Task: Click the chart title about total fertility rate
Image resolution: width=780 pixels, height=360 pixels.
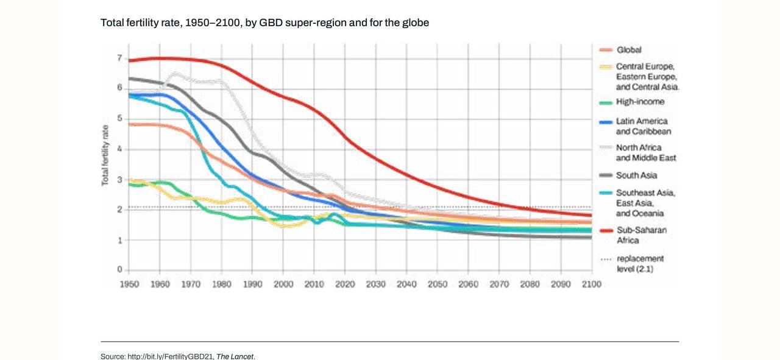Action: (264, 23)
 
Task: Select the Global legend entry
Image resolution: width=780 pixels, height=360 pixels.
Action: (628, 50)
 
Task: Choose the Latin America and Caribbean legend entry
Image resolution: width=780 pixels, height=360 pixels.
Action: (641, 126)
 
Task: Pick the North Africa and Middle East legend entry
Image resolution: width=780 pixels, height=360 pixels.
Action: (645, 153)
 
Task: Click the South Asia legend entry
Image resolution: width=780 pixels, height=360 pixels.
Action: (636, 175)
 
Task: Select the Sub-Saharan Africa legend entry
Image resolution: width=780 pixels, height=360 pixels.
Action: (640, 235)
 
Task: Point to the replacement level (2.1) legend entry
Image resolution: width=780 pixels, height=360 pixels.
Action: (639, 264)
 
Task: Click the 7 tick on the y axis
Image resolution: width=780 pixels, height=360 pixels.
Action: (120, 58)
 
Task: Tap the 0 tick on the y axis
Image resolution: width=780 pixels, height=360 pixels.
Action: (120, 270)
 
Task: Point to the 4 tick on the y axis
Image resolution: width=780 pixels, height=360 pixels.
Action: (120, 149)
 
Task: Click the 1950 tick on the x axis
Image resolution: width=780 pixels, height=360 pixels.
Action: (129, 284)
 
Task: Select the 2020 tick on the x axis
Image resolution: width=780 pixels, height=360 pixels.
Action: (345, 284)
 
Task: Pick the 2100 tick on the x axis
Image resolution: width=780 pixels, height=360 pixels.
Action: (592, 284)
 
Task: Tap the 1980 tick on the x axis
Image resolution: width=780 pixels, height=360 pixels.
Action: (222, 284)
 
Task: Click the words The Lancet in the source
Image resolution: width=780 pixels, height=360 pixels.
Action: (235, 356)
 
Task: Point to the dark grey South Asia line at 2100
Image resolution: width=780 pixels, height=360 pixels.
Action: (590, 237)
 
